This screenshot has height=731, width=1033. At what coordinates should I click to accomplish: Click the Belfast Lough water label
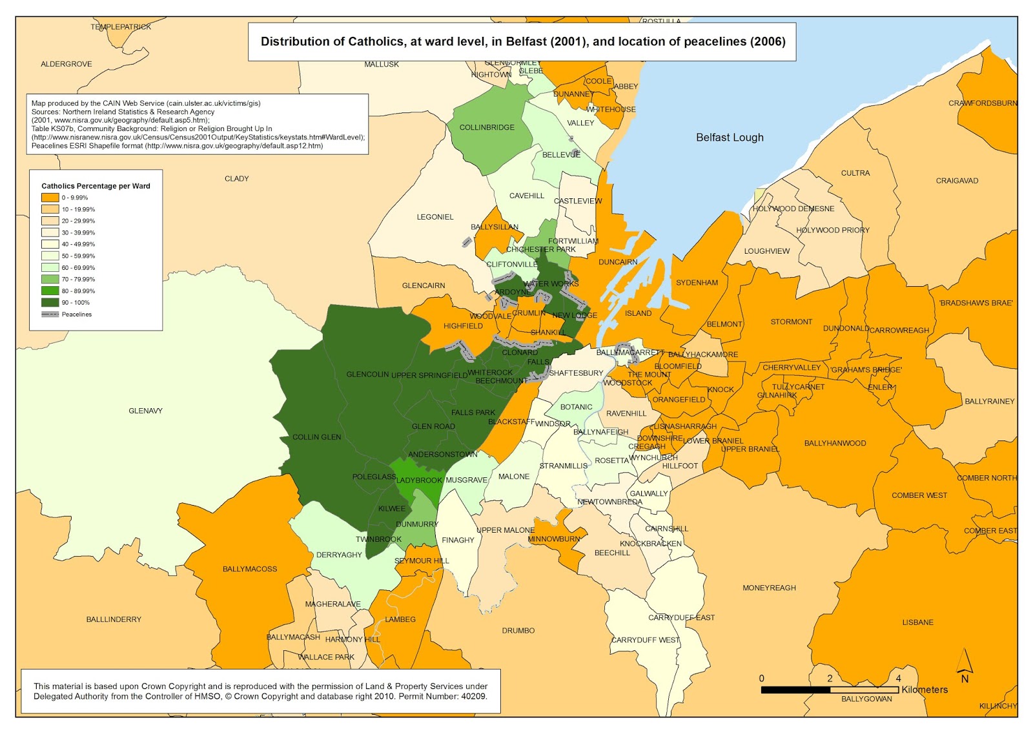[x=730, y=138]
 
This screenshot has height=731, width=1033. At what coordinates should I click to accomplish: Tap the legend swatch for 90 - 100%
[x=50, y=302]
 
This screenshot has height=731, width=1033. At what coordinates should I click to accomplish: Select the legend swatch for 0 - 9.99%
[x=50, y=198]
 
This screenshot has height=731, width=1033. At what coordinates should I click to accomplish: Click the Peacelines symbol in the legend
[x=50, y=314]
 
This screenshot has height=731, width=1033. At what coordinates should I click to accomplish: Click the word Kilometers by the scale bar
[x=925, y=690]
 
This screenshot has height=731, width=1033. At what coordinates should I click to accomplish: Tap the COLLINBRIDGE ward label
[x=487, y=127]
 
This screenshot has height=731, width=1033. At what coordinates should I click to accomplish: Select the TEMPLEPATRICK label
[x=121, y=27]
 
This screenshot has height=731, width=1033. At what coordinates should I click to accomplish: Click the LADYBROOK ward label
[x=419, y=480]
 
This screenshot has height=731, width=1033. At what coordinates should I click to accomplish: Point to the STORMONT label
[x=791, y=322]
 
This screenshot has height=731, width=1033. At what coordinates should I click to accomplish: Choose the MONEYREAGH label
[x=769, y=588]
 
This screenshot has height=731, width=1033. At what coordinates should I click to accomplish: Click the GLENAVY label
[x=145, y=411]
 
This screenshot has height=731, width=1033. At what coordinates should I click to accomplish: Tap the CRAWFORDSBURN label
[x=982, y=103]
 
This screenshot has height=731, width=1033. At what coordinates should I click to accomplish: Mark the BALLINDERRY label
[x=114, y=619]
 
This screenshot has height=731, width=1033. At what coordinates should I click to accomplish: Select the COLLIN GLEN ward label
[x=316, y=437]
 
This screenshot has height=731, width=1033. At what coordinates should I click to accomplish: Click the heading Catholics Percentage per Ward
[x=96, y=186]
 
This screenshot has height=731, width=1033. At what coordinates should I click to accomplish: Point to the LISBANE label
[x=917, y=623]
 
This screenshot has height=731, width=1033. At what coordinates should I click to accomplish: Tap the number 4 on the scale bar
[x=898, y=678]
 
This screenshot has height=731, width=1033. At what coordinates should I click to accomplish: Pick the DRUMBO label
[x=518, y=630]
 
